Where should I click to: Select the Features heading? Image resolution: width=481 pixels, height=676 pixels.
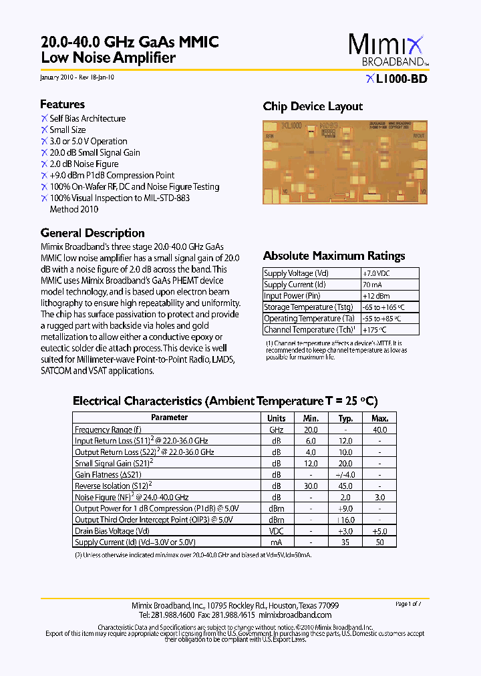(x=62, y=104)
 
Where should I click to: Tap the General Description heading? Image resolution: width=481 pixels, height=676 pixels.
(x=92, y=233)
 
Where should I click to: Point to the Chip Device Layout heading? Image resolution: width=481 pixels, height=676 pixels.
(x=313, y=106)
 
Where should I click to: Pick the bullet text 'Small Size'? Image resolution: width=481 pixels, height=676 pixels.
(x=67, y=130)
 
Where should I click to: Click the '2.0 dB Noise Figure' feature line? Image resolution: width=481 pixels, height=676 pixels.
(x=84, y=164)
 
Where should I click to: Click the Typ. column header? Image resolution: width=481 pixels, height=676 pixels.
(x=345, y=418)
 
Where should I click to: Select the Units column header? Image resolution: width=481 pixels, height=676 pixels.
(x=276, y=418)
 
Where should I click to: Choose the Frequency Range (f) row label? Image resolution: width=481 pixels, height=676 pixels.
(x=108, y=430)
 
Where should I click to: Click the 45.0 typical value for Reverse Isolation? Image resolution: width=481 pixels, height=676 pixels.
(x=345, y=486)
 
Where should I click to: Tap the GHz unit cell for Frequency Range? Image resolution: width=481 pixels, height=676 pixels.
(x=276, y=430)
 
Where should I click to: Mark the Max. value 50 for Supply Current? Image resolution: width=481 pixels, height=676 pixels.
(x=379, y=542)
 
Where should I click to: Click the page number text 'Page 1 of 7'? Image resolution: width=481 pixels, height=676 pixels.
(x=409, y=604)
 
